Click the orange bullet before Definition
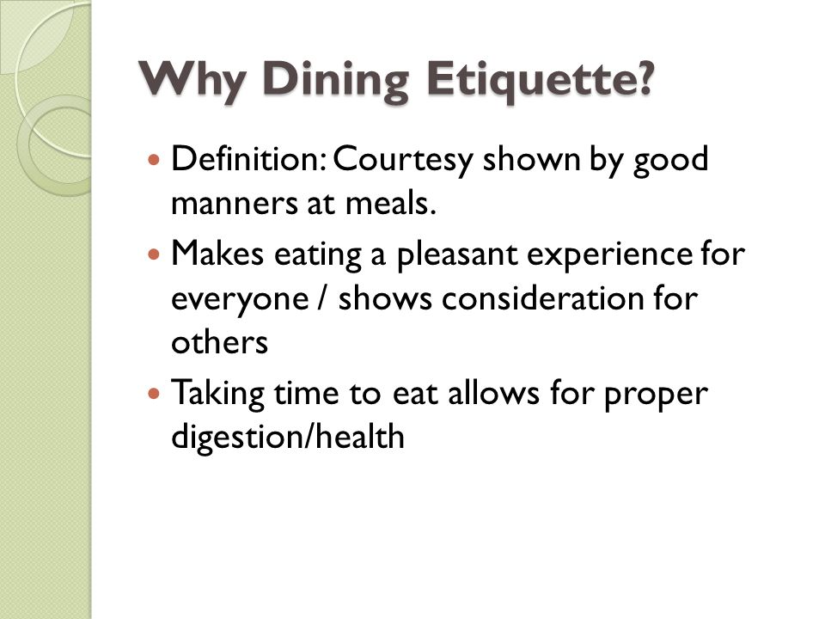(155, 160)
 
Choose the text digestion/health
(288, 438)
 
